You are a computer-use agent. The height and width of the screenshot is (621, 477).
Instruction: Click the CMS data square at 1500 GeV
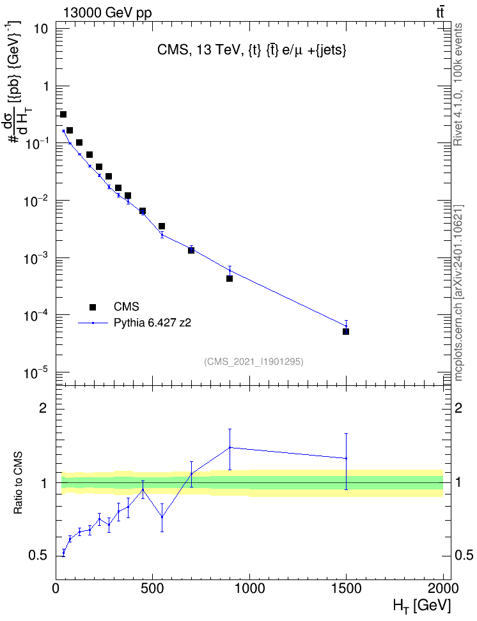tap(346, 332)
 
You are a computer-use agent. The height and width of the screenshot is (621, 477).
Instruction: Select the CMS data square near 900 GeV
tap(230, 279)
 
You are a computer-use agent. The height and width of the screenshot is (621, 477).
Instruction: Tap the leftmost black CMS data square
tap(63, 114)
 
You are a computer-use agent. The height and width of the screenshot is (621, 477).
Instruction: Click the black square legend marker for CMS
tap(93, 307)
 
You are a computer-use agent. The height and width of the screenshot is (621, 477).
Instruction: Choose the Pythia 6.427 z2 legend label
tap(152, 323)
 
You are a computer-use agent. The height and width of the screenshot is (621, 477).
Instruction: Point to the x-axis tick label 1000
tap(249, 588)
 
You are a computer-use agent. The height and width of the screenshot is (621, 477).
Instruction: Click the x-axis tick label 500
tap(152, 588)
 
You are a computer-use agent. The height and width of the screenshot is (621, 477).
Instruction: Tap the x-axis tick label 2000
tap(443, 588)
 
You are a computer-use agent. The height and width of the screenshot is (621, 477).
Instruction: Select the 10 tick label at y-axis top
tap(41, 29)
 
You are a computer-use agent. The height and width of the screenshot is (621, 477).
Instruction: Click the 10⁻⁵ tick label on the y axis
tap(36, 372)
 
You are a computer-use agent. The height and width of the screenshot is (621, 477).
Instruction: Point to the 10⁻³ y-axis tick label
tap(36, 258)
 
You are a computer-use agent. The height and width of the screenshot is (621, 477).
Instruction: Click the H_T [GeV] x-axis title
tap(422, 606)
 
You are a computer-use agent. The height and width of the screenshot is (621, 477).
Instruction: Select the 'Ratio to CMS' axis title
tap(18, 482)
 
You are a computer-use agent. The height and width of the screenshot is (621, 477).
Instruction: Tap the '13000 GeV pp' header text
tap(107, 13)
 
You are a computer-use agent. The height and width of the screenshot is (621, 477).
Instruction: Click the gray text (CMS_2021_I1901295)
tap(254, 362)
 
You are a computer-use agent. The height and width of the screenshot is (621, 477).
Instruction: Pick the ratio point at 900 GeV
tap(230, 447)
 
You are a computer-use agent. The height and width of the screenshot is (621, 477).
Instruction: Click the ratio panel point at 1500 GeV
tap(346, 458)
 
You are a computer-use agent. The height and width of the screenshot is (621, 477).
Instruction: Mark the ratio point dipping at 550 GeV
tap(162, 517)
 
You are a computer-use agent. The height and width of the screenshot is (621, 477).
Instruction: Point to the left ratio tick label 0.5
tap(38, 555)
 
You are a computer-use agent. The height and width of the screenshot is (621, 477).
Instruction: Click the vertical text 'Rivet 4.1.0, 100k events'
tap(458, 84)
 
